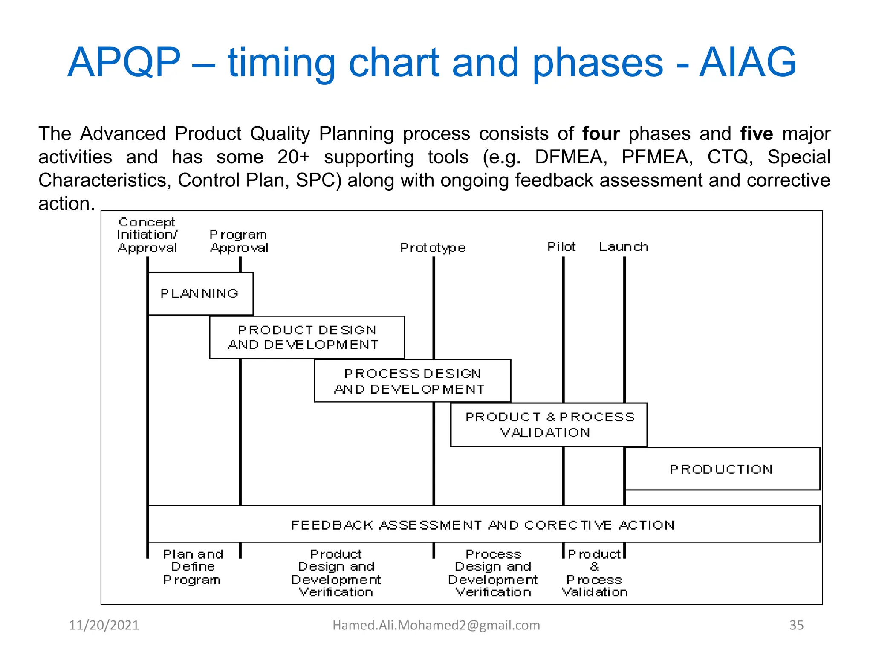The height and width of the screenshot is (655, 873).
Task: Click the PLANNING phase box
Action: (200, 294)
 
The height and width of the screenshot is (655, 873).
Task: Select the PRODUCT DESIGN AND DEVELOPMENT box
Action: (306, 337)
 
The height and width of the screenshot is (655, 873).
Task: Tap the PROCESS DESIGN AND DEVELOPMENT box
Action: (412, 381)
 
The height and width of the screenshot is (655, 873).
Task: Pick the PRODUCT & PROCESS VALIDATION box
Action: (549, 425)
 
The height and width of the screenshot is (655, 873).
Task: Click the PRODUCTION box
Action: (722, 469)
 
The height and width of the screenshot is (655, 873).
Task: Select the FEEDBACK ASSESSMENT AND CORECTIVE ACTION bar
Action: (483, 525)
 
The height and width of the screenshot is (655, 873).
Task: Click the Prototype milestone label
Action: (433, 248)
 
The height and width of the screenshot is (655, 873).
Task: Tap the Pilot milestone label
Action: (561, 246)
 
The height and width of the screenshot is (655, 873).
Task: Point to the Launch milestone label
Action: (623, 246)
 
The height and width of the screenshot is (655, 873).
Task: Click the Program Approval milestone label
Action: (239, 241)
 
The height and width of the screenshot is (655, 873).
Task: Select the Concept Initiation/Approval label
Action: (147, 235)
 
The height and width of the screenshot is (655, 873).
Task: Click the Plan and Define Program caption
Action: (193, 567)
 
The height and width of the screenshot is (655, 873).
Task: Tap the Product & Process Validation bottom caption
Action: (594, 573)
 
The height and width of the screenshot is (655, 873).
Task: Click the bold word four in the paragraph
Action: (601, 134)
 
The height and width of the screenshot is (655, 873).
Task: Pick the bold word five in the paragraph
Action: (756, 134)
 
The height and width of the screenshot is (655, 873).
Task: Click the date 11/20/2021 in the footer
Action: (104, 625)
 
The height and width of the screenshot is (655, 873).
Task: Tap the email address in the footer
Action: (436, 625)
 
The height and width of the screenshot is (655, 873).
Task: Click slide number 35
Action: (796, 625)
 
